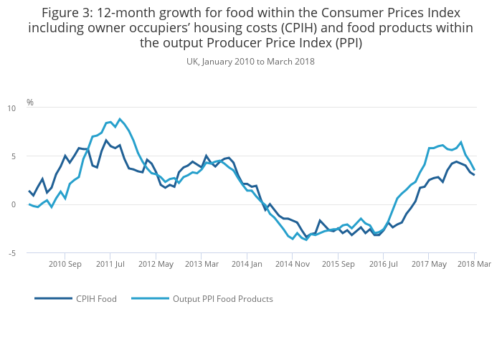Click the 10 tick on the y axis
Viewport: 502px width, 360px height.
11,108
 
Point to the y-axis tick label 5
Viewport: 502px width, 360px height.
13,156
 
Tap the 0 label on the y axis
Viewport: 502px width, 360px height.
13,204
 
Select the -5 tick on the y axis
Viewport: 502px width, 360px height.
11,253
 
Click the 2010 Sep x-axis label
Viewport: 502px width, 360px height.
65,265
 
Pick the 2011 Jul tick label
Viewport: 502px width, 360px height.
110,265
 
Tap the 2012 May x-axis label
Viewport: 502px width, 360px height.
156,265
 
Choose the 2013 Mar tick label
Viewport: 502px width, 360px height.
202,265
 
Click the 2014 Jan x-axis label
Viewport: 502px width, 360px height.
247,265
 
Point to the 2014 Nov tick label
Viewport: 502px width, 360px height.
293,265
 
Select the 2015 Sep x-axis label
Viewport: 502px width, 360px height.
338,265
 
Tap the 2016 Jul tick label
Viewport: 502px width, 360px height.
384,265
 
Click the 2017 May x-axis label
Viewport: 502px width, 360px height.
429,265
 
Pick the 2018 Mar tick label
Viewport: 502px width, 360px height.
473,265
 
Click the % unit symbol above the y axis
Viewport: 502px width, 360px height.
30,103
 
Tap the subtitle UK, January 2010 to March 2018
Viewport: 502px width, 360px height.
250,62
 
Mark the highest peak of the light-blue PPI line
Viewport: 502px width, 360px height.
120,119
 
